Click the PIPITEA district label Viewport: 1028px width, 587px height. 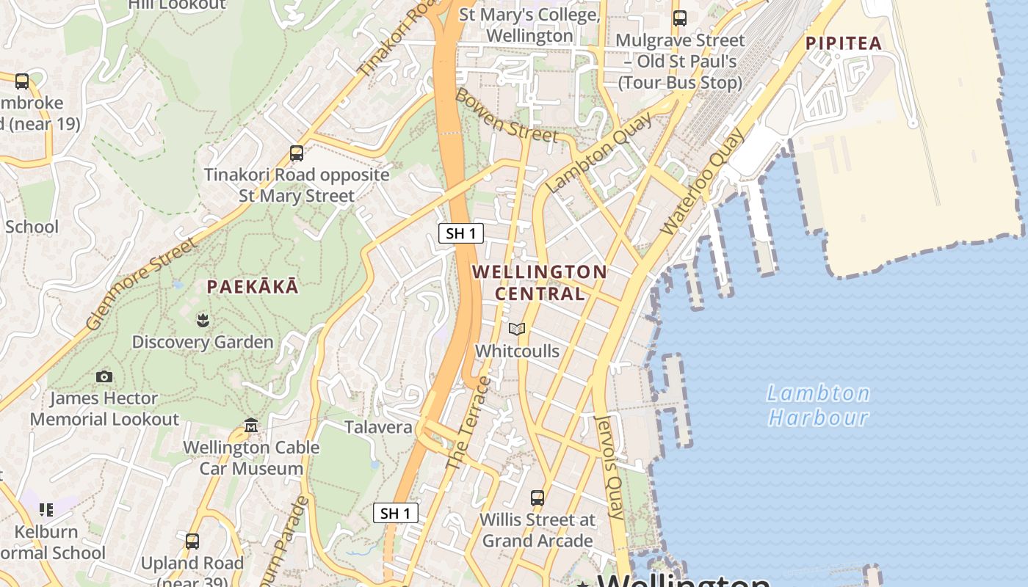(x=843, y=43)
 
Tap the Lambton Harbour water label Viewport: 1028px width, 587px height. (x=818, y=406)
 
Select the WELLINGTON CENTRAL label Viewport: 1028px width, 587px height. (x=540, y=282)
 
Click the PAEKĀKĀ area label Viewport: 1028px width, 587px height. (x=253, y=287)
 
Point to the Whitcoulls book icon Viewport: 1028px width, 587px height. (x=517, y=329)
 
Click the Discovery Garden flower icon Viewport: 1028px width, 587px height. (x=202, y=319)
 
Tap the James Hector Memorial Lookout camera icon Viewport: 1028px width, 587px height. (x=104, y=376)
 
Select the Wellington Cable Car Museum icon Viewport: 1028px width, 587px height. (x=251, y=426)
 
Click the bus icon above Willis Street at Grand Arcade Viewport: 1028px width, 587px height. (x=537, y=498)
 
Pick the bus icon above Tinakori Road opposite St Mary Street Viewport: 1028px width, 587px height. (x=297, y=153)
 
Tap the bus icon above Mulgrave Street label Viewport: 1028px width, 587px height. (x=680, y=18)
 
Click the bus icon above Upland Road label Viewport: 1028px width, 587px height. (x=192, y=542)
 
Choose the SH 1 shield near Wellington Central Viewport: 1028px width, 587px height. (x=461, y=233)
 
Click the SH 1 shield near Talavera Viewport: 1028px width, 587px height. (x=396, y=513)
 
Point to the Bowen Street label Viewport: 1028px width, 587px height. (x=506, y=115)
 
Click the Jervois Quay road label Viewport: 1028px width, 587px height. (x=610, y=467)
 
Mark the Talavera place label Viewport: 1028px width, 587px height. (x=378, y=426)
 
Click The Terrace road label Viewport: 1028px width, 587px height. (x=468, y=424)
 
